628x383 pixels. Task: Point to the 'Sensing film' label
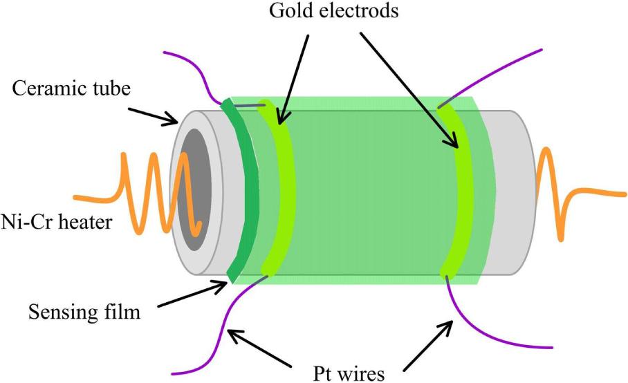(84, 312)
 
